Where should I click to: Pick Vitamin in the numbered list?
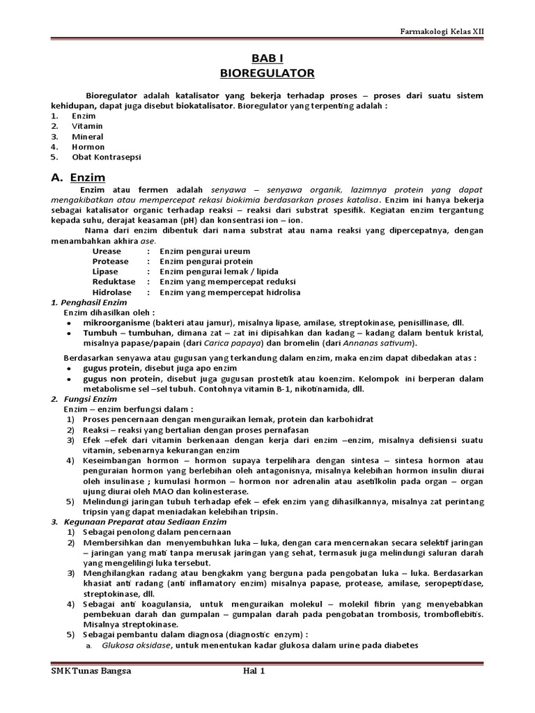coord(87,126)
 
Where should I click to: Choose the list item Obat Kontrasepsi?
coord(106,157)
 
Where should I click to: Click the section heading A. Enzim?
coord(78,178)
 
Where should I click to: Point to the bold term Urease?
coord(107,251)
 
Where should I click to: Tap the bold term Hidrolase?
coord(111,292)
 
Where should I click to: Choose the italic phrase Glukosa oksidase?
coord(137,645)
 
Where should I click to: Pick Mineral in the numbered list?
coord(88,136)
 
